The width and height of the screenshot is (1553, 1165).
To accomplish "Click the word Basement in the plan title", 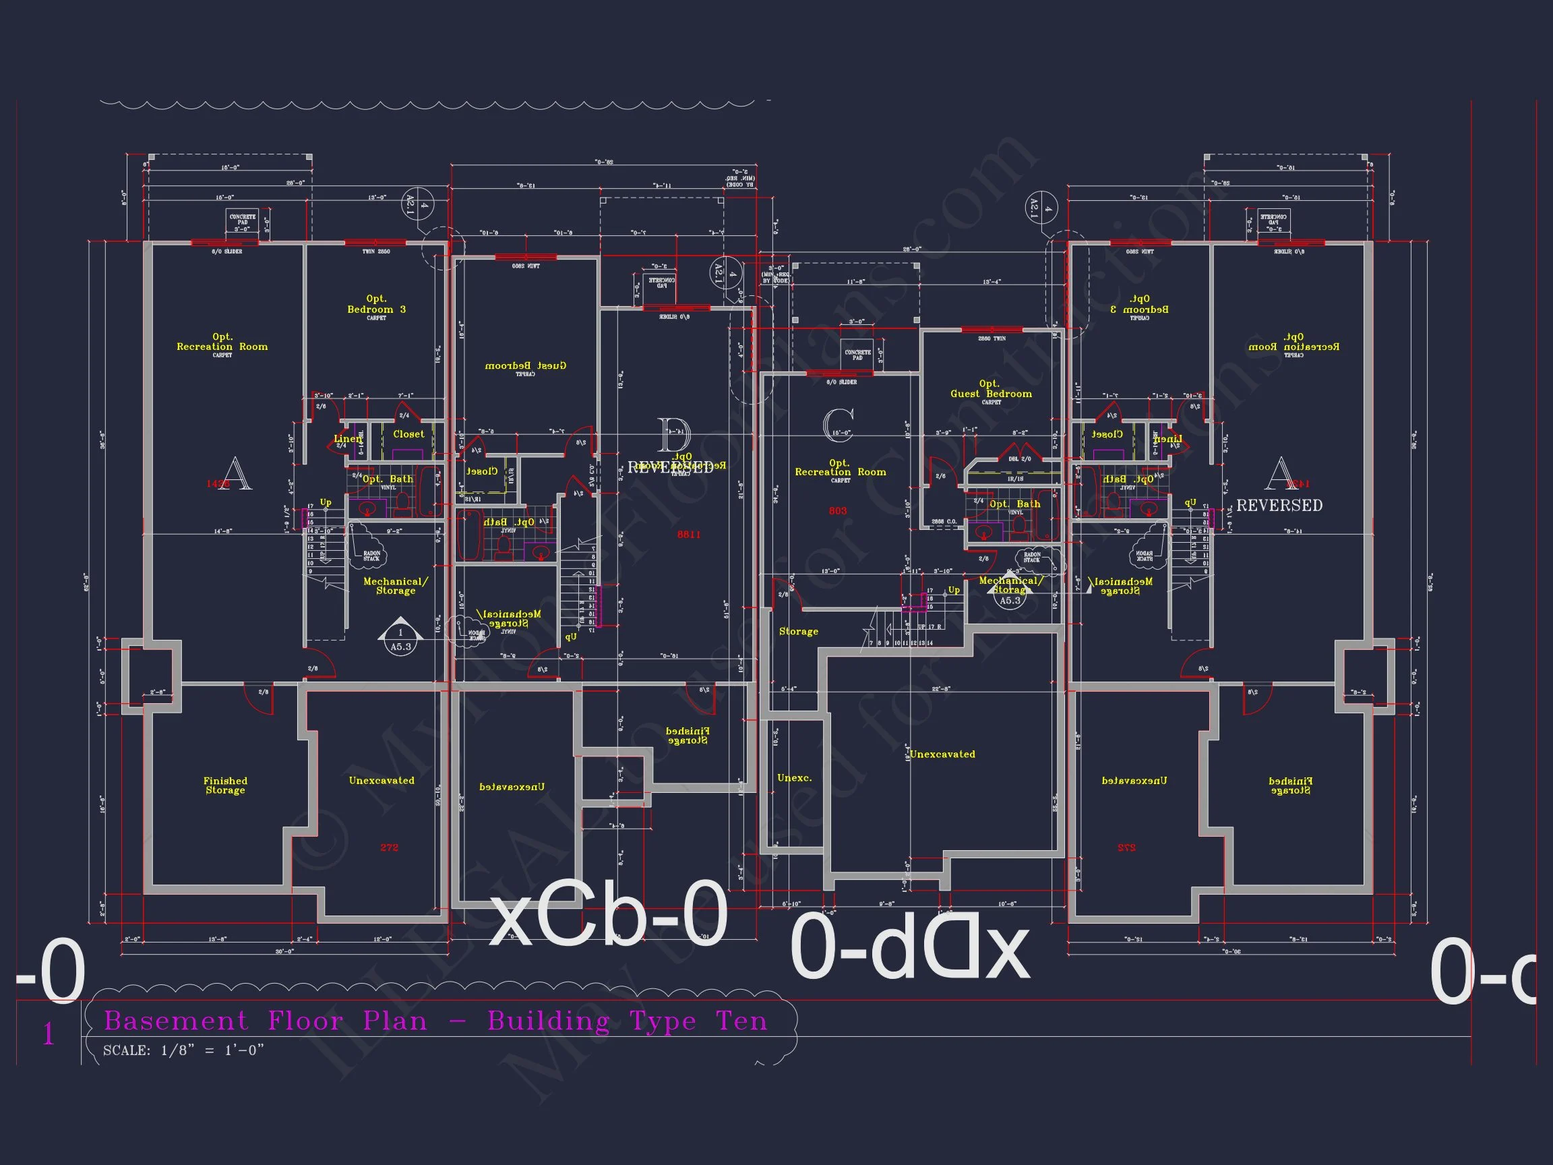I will point(175,1020).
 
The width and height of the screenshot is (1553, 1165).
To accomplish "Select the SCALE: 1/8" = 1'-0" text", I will point(183,1050).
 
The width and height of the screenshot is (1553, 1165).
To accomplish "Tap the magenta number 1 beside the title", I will point(49,1034).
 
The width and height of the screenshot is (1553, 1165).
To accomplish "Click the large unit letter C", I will point(839,425).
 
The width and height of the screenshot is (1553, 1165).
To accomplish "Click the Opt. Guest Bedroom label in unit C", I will point(991,389).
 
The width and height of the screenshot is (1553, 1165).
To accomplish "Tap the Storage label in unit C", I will point(798,631).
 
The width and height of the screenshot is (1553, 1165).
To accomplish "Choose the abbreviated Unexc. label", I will point(794,778).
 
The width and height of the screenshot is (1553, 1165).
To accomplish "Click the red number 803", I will point(838,510).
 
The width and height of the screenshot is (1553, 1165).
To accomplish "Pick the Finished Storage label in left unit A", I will point(225,785).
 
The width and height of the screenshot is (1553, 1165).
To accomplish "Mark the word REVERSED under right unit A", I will point(1279,506).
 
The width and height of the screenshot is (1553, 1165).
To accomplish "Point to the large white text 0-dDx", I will point(910,948).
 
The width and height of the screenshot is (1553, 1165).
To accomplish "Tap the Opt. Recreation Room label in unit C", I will point(841,468).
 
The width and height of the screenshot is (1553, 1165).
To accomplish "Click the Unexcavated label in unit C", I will point(942,754).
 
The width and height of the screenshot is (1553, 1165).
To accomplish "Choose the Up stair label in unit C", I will point(953,590).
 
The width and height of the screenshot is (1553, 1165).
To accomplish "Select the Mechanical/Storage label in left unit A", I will point(395,586).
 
